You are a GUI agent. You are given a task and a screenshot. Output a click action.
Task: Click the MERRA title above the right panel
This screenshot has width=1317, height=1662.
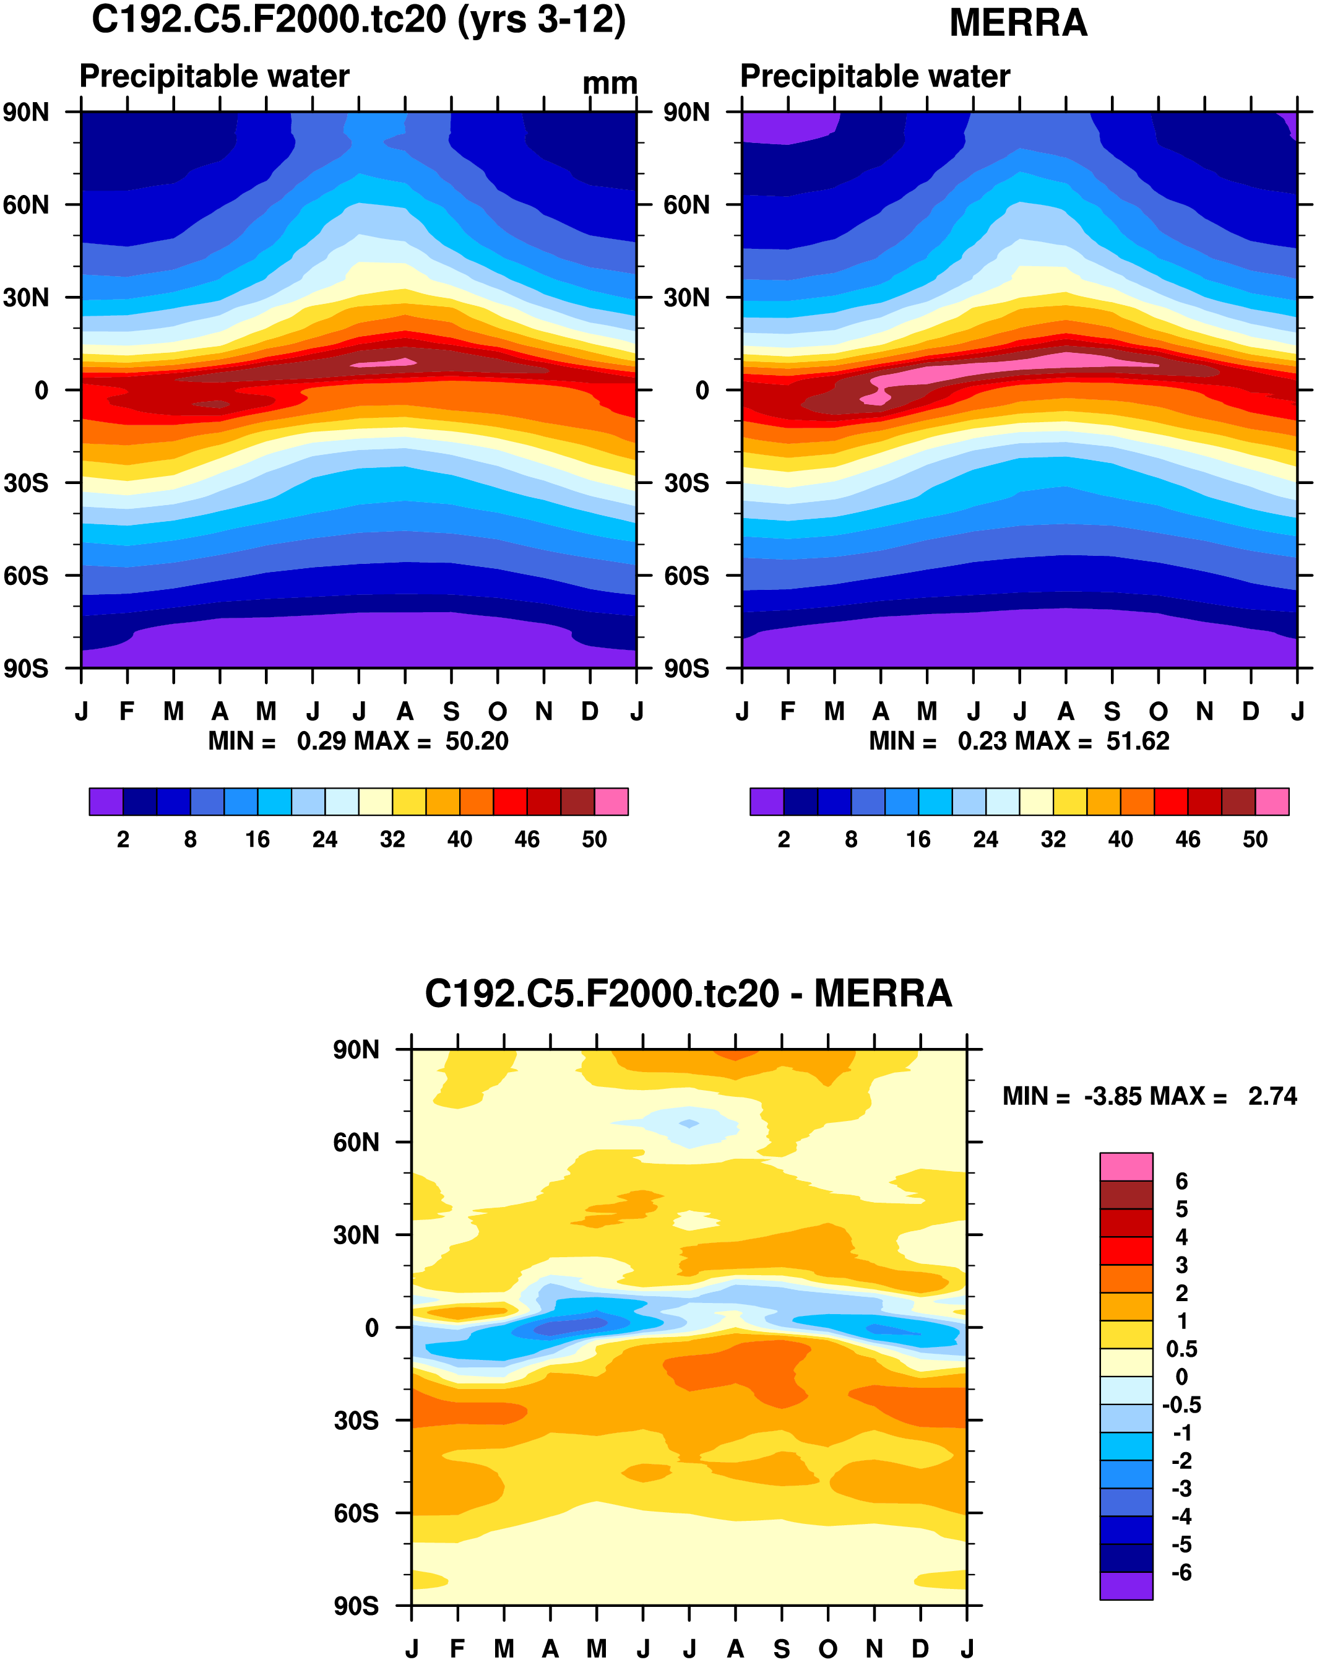1017,23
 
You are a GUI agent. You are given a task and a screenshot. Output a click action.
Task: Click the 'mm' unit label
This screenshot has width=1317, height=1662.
610,83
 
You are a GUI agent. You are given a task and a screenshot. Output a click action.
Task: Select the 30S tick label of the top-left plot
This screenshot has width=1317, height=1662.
26,483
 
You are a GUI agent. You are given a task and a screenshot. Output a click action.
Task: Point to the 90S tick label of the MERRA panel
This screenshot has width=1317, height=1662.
686,669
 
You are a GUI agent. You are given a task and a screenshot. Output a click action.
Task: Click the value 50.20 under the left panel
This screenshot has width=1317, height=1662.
477,742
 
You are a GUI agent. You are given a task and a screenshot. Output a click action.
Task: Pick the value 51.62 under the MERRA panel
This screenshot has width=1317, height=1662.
1138,742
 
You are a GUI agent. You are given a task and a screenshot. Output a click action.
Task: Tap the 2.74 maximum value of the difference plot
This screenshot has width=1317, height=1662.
1272,1096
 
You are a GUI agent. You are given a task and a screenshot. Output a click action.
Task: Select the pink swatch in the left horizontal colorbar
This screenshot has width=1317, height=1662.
611,802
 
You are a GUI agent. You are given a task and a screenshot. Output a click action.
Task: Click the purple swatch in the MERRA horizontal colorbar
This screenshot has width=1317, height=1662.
766,802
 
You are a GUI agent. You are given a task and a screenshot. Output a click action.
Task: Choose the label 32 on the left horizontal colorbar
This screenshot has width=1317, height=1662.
392,839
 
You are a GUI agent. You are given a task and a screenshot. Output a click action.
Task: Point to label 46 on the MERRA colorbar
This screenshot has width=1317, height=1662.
1188,839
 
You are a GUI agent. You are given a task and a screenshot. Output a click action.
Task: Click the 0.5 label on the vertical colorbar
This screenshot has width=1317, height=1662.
1181,1349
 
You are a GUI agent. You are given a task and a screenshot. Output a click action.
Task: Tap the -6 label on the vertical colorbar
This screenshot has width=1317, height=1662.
1181,1573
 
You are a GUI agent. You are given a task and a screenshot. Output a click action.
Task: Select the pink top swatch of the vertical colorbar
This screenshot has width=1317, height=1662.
1126,1167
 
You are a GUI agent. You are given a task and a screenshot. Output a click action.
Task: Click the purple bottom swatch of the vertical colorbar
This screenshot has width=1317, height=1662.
1126,1586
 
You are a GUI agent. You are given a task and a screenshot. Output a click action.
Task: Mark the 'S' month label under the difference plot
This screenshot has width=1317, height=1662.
782,1649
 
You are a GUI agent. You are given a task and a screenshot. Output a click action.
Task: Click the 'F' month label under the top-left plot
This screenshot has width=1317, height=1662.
127,711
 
